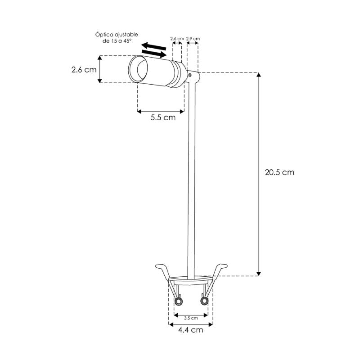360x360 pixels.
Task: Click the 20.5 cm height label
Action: (279, 172)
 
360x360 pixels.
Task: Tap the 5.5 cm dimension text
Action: (162, 118)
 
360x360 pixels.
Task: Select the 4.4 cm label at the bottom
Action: (190, 330)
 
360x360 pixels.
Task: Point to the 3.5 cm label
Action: (191, 318)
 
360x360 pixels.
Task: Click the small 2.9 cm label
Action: (193, 39)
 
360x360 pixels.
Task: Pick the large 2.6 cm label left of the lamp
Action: (84, 70)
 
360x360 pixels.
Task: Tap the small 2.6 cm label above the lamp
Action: (177, 39)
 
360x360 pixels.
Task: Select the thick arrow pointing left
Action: (152, 46)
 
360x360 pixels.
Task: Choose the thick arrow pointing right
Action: (156, 54)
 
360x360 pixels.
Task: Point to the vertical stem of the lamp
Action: (192, 180)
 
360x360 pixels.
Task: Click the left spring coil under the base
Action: (179, 300)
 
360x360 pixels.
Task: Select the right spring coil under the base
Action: (205, 300)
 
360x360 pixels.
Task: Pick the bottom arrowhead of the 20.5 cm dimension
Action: (259, 273)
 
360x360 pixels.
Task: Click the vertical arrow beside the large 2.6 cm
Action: (100, 69)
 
